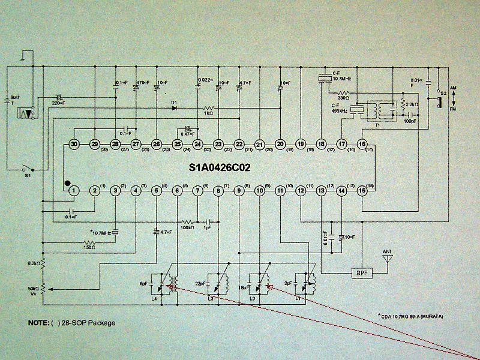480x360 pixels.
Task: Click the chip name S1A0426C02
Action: pyautogui.click(x=219, y=169)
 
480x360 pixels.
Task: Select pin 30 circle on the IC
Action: pyautogui.click(x=74, y=145)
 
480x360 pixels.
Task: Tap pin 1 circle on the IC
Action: pyautogui.click(x=74, y=191)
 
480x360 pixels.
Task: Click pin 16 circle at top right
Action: pyautogui.click(x=362, y=144)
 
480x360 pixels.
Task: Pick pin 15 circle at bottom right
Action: pyautogui.click(x=362, y=191)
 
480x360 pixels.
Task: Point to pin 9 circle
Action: pyautogui.click(x=239, y=191)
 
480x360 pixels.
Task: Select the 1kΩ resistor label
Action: pyautogui.click(x=208, y=113)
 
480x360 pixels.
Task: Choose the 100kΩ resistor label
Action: pyautogui.click(x=187, y=227)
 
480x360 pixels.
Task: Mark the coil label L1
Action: pyautogui.click(x=298, y=298)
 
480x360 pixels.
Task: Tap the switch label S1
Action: pyautogui.click(x=27, y=176)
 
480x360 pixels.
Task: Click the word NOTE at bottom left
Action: pyautogui.click(x=40, y=323)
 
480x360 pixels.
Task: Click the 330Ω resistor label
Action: pyautogui.click(x=343, y=98)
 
